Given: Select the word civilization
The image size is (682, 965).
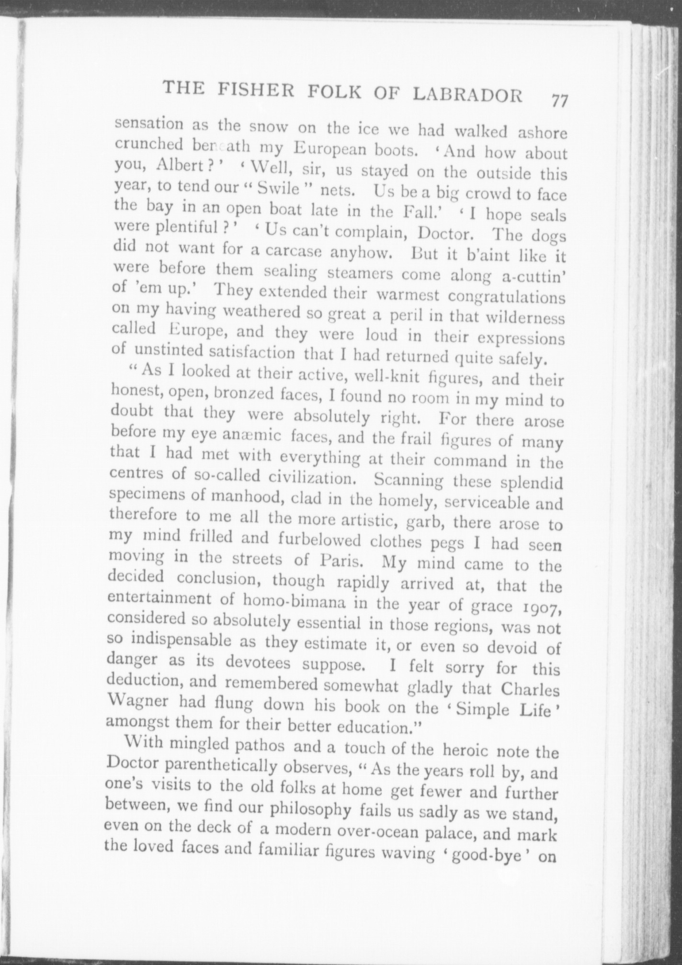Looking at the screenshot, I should tap(314, 478).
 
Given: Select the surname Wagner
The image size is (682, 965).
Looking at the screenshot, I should tap(139, 703).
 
